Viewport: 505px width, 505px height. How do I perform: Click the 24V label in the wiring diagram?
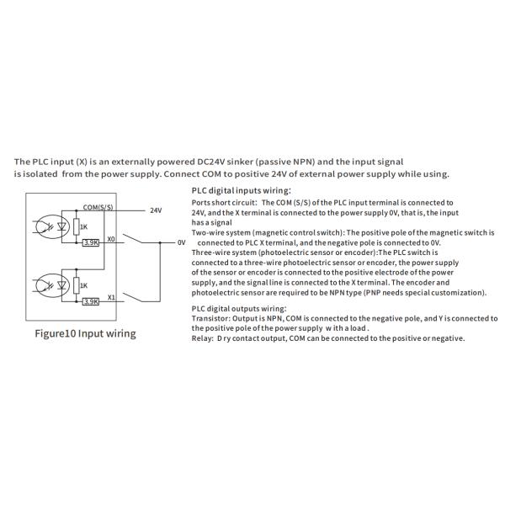pos(156,210)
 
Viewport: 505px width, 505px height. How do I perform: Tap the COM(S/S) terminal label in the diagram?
pos(99,205)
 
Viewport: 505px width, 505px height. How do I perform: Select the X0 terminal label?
pos(111,237)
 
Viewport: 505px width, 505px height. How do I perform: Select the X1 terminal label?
pos(111,295)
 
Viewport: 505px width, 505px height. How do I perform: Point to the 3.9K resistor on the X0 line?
pos(91,243)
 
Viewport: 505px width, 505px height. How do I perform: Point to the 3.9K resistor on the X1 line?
pos(91,300)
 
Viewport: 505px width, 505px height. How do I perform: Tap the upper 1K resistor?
pos(77,226)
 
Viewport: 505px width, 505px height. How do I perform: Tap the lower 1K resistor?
pos(77,284)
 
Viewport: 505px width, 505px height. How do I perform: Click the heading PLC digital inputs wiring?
pos(242,191)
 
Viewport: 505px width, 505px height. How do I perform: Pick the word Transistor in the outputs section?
pos(209,319)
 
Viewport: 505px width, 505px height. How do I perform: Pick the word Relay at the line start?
pos(202,338)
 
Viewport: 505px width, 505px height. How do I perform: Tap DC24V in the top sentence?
pos(227,161)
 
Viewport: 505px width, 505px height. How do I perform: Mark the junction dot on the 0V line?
pos(160,242)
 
